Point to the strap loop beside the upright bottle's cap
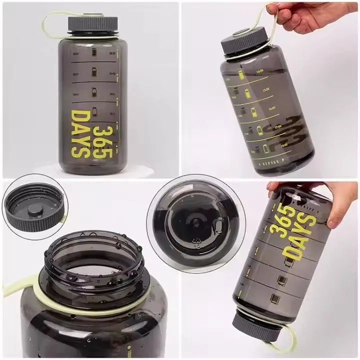click(50, 23)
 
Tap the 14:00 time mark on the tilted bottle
click(259, 71)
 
